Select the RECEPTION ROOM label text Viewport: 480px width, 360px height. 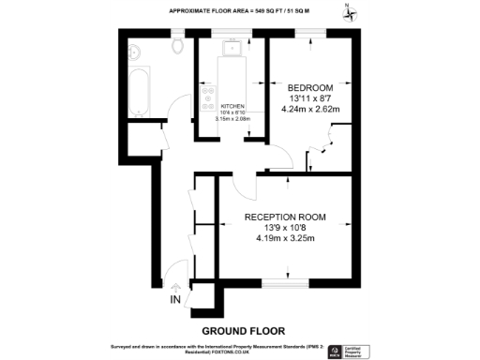(x=285, y=217)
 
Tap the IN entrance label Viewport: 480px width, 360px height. (x=174, y=300)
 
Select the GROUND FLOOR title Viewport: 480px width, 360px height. (x=243, y=330)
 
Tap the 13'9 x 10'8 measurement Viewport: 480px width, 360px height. (x=285, y=228)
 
